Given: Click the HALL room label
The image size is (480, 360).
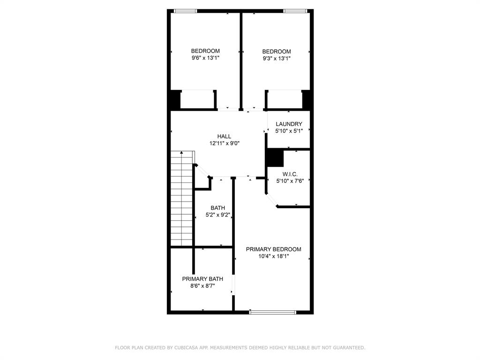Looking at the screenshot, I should [224, 136].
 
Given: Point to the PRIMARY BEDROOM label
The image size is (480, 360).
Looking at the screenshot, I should [273, 249].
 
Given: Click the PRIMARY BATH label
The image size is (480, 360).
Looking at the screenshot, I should [202, 279].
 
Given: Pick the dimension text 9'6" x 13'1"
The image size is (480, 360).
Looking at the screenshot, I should [205, 58].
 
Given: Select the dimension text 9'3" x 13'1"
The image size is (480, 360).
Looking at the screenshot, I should [277, 59].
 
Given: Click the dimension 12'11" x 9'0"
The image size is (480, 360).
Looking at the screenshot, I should [224, 143].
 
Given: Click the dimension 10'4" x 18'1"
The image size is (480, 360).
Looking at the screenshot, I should [273, 256].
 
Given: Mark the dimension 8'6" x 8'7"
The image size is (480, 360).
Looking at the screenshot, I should [202, 286].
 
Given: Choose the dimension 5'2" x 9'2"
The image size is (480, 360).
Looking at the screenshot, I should [217, 215].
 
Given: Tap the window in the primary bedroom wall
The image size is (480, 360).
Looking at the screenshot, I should [273, 312].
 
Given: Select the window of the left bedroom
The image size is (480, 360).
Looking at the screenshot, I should [186, 11].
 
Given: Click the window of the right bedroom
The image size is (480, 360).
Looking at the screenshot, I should [295, 11].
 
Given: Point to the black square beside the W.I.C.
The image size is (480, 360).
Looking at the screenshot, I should [275, 158].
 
